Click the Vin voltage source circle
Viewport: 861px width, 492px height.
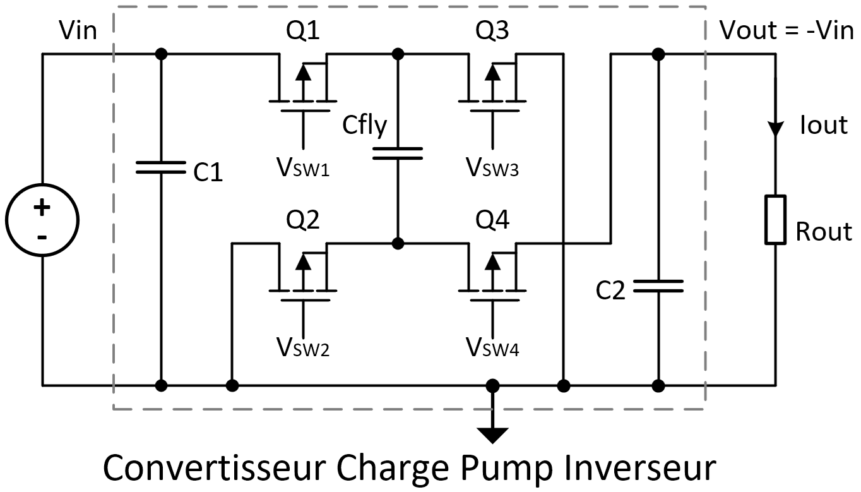(42, 220)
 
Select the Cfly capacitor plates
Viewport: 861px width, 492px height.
(398, 153)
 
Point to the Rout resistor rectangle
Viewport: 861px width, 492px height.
(775, 220)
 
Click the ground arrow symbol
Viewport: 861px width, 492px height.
(492, 435)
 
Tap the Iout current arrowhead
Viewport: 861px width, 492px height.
(775, 128)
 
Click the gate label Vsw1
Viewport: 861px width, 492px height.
(304, 167)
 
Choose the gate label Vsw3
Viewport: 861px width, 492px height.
(493, 167)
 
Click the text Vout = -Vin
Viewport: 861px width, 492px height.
(787, 30)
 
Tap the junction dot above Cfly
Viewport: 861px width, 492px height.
(398, 54)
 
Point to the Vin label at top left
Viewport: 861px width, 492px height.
(78, 30)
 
